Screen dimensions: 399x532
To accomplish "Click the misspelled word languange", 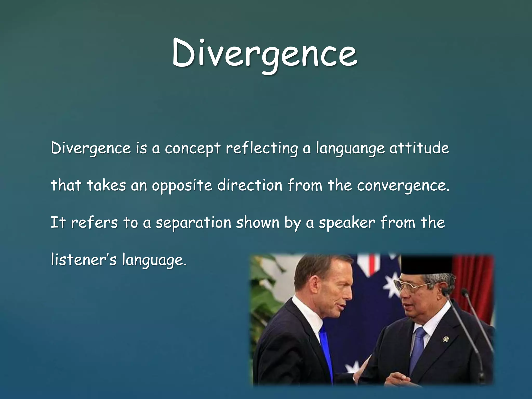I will pyautogui.click(x=350, y=149).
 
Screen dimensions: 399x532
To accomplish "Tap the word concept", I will pyautogui.click(x=192, y=149).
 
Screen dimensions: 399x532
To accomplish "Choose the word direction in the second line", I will pyautogui.click(x=250, y=185).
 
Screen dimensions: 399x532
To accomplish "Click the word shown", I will pyautogui.click(x=257, y=223).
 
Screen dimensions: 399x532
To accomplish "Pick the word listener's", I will pyautogui.click(x=84, y=260).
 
